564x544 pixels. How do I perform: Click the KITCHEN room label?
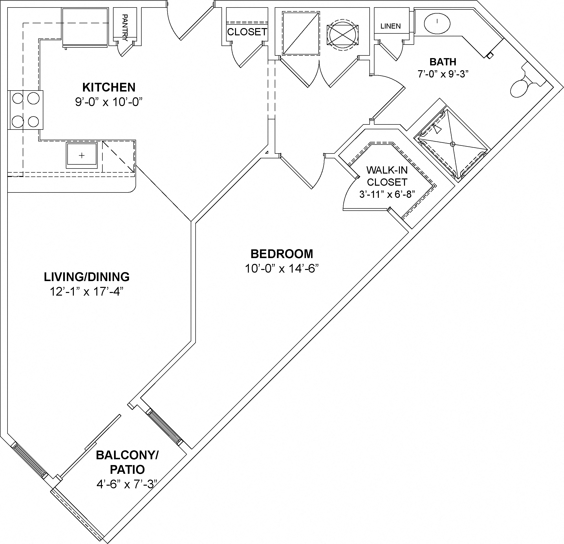point(109,87)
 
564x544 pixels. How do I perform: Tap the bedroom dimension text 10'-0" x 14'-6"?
point(282,268)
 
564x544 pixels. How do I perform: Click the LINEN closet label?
point(390,26)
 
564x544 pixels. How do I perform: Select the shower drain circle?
point(453,144)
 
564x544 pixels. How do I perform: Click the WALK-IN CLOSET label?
point(387,176)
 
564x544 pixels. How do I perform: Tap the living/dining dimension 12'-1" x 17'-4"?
point(87,292)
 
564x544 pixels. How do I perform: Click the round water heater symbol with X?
point(343,35)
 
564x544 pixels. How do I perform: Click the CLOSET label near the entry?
point(247,32)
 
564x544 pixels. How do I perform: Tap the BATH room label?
point(442,62)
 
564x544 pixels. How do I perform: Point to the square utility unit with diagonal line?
point(301,33)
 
